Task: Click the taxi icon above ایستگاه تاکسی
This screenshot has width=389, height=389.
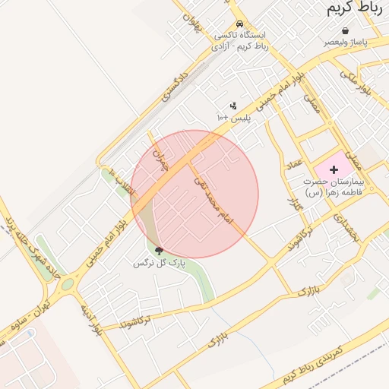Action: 239,24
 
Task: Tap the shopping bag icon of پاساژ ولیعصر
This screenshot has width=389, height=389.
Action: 346,31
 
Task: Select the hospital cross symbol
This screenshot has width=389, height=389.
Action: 334,169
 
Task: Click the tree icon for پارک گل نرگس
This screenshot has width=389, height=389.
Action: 159,251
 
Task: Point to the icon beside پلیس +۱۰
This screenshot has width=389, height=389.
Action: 233,106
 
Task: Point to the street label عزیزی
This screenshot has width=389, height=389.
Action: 293,201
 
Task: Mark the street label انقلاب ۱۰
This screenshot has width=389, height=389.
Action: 120,182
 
